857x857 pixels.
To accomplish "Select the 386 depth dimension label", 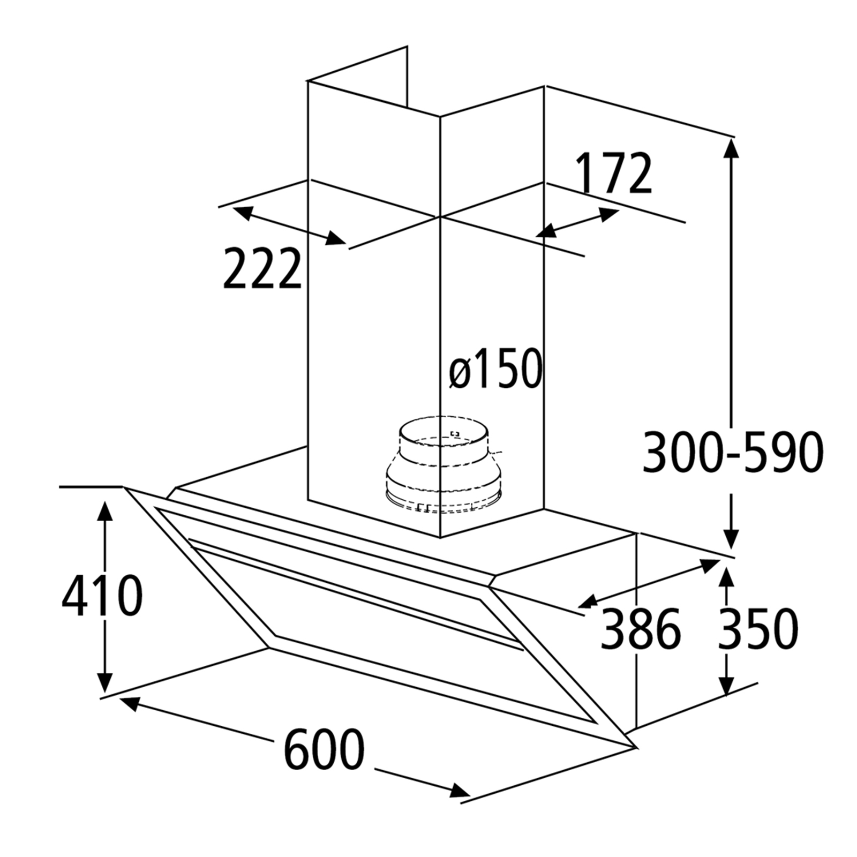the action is coord(640,628).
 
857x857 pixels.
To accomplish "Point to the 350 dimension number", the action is coord(757,628).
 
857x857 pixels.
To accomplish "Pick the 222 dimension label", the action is coord(262,268).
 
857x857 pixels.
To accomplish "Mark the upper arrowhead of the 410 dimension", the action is coord(106,512).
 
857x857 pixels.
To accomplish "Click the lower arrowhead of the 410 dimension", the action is coord(106,681).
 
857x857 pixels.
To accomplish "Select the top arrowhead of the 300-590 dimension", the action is coord(731,148).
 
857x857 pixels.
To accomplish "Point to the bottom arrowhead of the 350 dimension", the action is coord(727,685).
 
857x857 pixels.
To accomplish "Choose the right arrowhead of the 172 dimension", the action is coord(610,214).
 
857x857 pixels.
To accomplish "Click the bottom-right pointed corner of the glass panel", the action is coord(635,748).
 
